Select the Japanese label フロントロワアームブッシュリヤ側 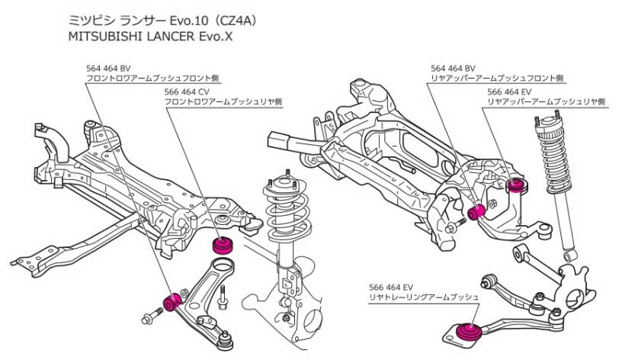tap(223, 101)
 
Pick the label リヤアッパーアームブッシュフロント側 tap(496, 78)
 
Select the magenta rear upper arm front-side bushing tap(479, 210)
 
